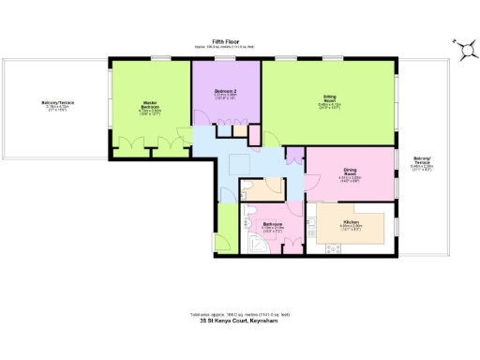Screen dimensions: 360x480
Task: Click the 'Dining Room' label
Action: coord(350,173)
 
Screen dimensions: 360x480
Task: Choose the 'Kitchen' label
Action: coord(352,224)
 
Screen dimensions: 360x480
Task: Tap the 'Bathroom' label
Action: coord(273,225)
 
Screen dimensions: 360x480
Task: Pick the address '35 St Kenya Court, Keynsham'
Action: coord(239,322)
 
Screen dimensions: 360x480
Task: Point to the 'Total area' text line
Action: coord(239,314)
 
